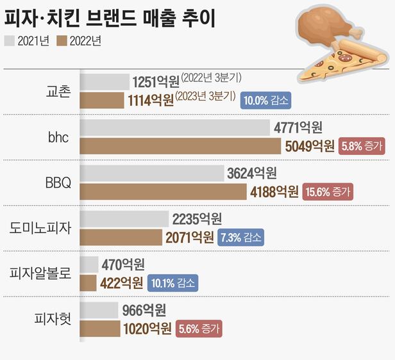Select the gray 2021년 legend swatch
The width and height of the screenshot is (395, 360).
click(x=10, y=42)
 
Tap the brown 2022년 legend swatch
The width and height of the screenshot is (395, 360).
click(x=62, y=42)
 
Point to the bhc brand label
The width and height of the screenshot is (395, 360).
click(x=58, y=136)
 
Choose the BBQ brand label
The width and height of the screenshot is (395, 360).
click(x=58, y=183)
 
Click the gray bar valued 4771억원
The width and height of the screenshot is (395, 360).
click(x=174, y=127)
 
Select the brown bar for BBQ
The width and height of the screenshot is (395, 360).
click(x=163, y=192)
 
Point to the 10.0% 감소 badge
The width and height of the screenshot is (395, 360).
click(x=265, y=101)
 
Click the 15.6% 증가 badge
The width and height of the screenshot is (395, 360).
click(x=329, y=192)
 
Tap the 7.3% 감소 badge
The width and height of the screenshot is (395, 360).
click(x=242, y=237)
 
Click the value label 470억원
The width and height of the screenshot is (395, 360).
click(x=122, y=265)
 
